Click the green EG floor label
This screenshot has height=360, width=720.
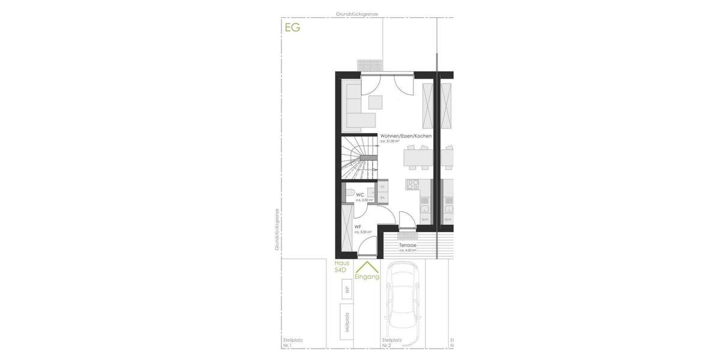(x=292, y=27)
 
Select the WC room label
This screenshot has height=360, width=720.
(x=360, y=195)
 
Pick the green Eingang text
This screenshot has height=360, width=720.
(x=367, y=277)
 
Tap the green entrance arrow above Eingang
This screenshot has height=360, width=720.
(x=367, y=266)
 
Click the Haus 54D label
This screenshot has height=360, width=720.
(x=341, y=267)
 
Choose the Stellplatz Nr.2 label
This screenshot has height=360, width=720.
(x=392, y=343)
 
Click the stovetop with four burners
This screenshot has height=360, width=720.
(x=413, y=184)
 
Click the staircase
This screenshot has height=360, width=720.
(x=359, y=158)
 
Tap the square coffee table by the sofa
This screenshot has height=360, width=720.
(x=376, y=101)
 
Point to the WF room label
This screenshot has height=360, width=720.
(x=358, y=227)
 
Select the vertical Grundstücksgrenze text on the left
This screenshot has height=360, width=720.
(x=277, y=229)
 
